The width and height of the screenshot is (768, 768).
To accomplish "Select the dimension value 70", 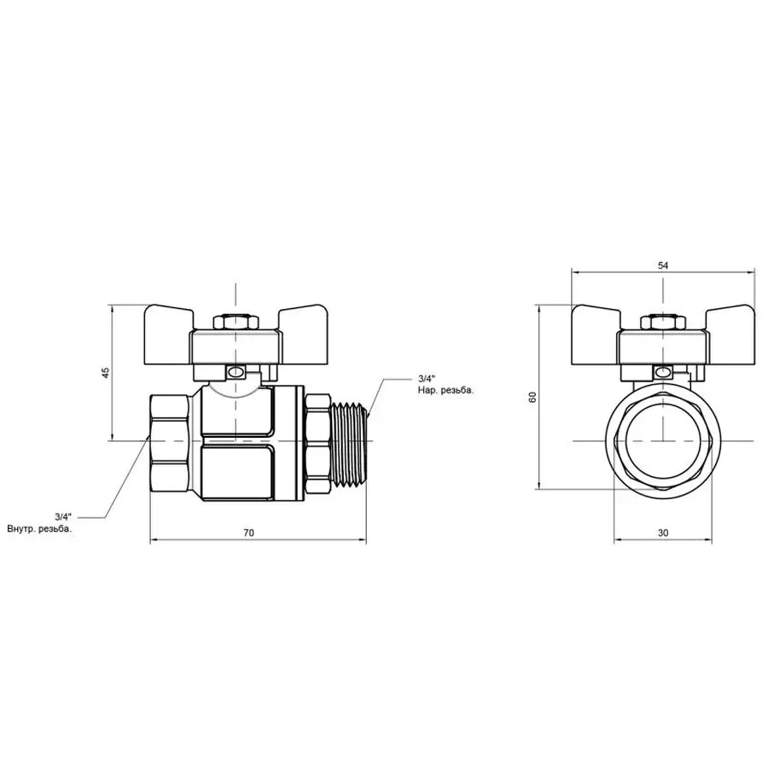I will (248, 532).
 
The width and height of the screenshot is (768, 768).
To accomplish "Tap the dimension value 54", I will (663, 265).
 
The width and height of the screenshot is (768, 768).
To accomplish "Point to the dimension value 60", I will (532, 398).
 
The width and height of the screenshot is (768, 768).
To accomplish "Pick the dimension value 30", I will (663, 532).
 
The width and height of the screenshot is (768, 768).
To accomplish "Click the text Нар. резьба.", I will (445, 390).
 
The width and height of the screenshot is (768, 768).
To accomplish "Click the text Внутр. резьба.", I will (40, 529).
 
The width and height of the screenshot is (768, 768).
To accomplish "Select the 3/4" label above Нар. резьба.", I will (427, 378).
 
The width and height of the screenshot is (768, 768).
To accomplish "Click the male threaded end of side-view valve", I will (348, 440).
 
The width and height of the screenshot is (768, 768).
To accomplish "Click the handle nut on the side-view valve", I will (236, 323).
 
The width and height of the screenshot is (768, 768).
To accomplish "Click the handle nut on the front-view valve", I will (663, 323).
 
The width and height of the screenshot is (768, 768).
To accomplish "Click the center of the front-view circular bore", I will (663, 440).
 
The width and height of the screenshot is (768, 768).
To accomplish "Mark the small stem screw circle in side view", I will (236, 372).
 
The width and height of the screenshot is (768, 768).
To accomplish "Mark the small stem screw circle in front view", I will (662, 372).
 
